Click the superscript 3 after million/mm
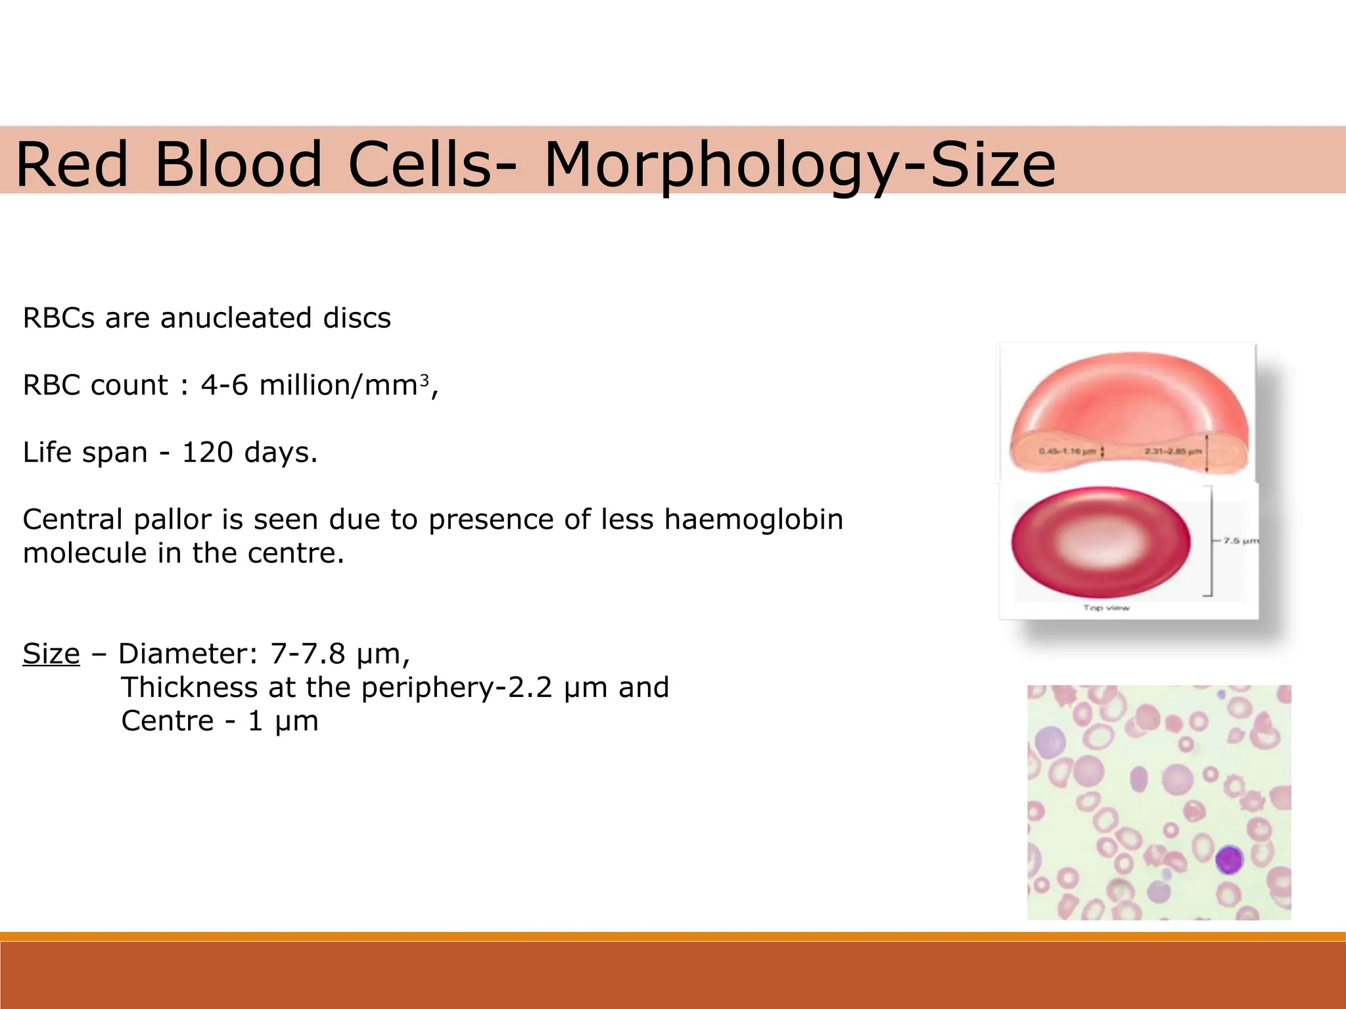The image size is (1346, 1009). pyautogui.click(x=425, y=380)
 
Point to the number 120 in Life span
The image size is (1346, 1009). pyautogui.click(x=207, y=453)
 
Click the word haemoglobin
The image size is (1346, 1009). pyautogui.click(x=753, y=520)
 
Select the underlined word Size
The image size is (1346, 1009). pyautogui.click(x=51, y=654)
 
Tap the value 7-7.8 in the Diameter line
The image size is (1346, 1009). pyautogui.click(x=308, y=654)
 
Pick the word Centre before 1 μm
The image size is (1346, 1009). pyautogui.click(x=168, y=721)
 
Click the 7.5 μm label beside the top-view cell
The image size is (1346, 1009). pyautogui.click(x=1241, y=541)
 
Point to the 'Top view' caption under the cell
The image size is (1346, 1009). pyautogui.click(x=1106, y=608)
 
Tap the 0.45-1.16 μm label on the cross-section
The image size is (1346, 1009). pyautogui.click(x=1067, y=451)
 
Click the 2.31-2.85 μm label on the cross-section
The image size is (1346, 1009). pyautogui.click(x=1173, y=451)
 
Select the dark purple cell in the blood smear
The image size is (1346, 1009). pyautogui.click(x=1229, y=859)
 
